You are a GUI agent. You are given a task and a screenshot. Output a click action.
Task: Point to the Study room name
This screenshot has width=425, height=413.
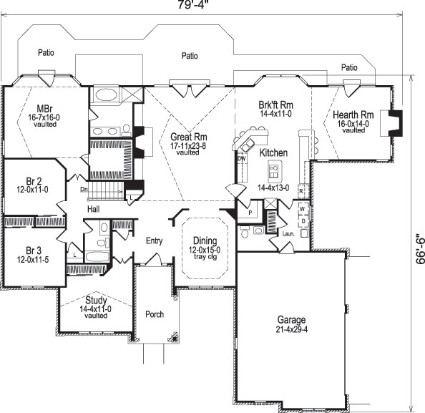[x=95, y=300]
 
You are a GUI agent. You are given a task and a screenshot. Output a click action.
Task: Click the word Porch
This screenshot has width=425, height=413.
[x=155, y=314]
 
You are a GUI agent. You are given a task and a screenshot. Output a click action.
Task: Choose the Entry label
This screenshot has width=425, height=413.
[x=155, y=240]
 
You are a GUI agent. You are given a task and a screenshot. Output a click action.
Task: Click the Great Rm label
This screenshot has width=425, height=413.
[x=188, y=137]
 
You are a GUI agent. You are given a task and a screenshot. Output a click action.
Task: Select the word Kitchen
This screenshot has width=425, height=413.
[x=273, y=152]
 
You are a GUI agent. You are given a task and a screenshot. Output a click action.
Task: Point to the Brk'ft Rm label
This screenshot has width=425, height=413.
[x=276, y=105]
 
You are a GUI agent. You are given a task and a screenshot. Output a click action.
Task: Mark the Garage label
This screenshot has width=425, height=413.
[x=292, y=319]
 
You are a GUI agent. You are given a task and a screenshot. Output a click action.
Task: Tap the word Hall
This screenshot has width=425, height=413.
[x=93, y=208]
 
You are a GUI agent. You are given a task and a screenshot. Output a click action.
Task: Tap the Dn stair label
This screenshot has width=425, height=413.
[x=84, y=189]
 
